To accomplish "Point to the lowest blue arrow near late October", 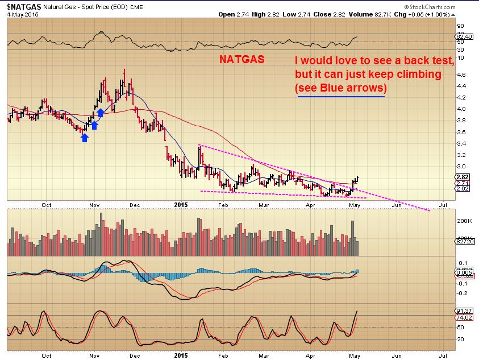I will (85, 137).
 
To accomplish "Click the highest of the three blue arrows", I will (100, 113).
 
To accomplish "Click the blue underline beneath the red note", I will (341, 97).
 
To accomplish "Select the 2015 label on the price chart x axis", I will (181, 205).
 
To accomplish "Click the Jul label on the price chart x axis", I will (443, 205).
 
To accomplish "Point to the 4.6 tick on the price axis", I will (461, 75).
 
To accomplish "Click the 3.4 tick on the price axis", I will (461, 143).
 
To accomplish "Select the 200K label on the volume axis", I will (464, 221).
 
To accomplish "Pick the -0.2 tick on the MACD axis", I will (463, 293).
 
